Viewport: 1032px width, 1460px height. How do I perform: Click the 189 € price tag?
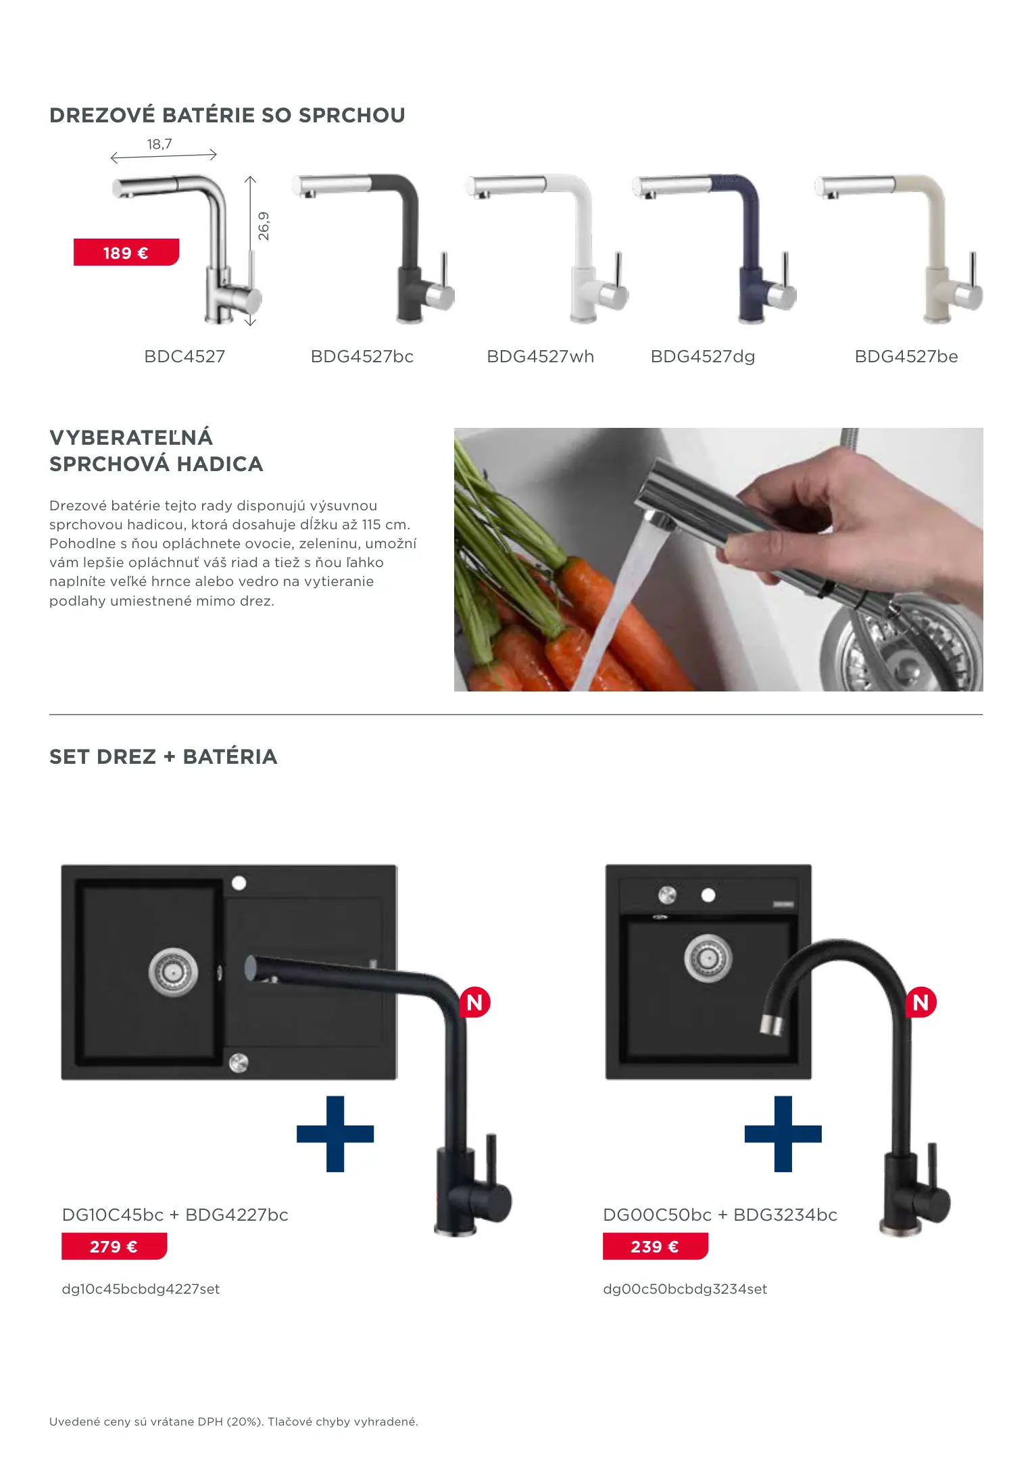click(x=126, y=252)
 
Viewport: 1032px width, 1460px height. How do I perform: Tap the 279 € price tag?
click(x=114, y=1246)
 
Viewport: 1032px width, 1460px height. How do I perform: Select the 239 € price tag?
click(x=656, y=1246)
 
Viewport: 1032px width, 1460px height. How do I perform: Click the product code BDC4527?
click(x=185, y=356)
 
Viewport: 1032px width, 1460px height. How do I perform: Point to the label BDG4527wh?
click(x=541, y=356)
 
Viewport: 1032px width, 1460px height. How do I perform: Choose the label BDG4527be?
click(x=906, y=356)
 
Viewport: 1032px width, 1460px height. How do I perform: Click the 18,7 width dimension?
click(x=159, y=144)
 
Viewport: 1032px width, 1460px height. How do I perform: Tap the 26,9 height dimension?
click(x=264, y=226)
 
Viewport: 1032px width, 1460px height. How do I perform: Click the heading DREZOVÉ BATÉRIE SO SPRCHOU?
click(x=227, y=115)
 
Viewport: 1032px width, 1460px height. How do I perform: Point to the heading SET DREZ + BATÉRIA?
click(x=164, y=756)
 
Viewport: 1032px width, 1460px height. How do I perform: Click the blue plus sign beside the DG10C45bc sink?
click(x=335, y=1134)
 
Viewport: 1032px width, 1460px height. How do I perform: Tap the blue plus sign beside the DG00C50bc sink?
click(x=783, y=1134)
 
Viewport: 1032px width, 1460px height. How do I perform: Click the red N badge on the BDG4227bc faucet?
click(x=474, y=1002)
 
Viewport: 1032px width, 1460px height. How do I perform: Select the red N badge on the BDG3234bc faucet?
click(x=921, y=1002)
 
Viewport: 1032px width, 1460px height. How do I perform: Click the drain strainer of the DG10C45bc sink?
click(x=173, y=972)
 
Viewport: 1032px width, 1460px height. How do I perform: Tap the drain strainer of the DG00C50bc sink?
click(x=708, y=958)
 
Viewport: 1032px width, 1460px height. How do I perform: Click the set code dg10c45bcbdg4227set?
click(x=141, y=1289)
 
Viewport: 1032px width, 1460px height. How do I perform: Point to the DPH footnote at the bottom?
click(x=234, y=1421)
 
